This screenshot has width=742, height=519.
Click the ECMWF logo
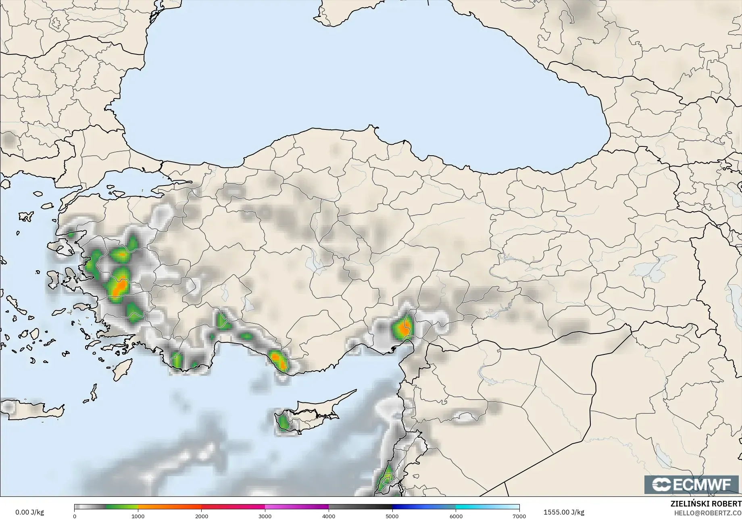pos(692,484)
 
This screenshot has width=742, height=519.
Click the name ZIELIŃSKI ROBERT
pos(705,504)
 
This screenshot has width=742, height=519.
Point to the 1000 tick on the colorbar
pos(138,516)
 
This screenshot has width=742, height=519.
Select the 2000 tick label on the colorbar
pos(202,516)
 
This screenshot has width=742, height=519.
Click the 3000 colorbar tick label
pos(265,516)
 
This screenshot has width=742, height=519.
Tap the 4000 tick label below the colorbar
pos(329,516)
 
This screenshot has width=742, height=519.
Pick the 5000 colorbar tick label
pos(392,516)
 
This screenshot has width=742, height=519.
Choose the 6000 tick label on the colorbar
pos(456,516)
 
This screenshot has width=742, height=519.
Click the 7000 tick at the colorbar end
pos(519,516)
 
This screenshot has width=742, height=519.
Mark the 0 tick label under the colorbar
pos(75,516)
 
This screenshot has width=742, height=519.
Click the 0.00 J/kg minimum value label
pos(29,512)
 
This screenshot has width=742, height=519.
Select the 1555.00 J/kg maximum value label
pos(564,512)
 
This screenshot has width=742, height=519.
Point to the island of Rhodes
pos(122,370)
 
